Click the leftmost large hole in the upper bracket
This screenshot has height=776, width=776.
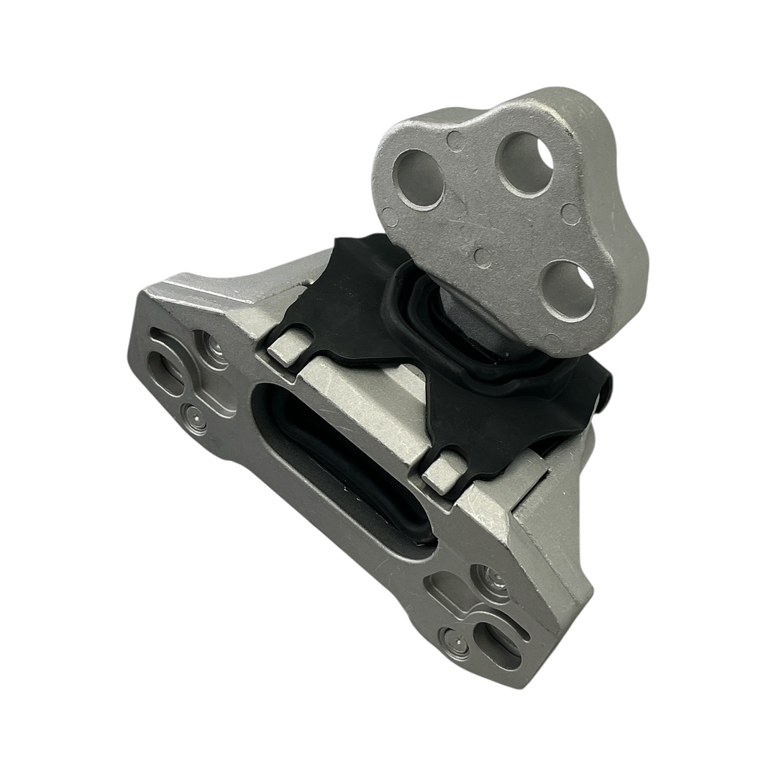(419, 178)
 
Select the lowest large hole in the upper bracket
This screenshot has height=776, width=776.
(568, 289)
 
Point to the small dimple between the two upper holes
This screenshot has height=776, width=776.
(455, 141)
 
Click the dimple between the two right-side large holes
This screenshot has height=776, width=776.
(570, 214)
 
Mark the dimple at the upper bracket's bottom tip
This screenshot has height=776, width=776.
(552, 342)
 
